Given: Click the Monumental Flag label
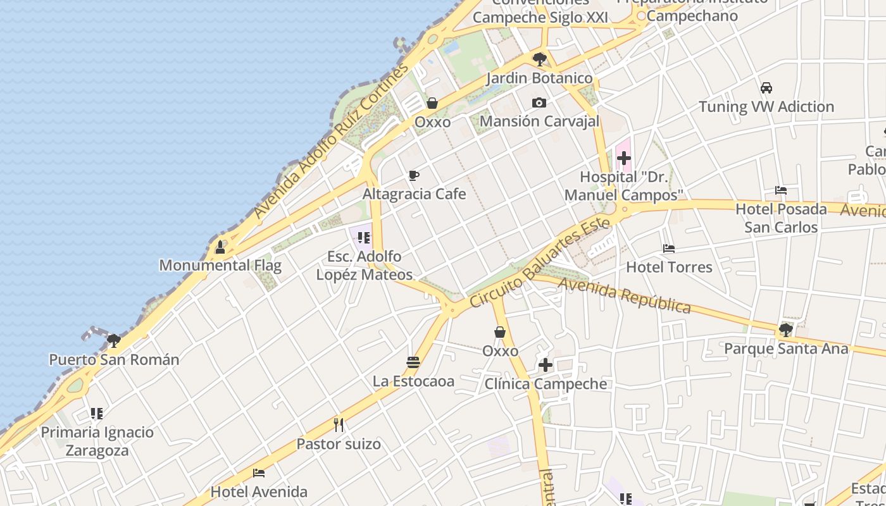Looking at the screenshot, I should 220,265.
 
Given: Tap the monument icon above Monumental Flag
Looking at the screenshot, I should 220,247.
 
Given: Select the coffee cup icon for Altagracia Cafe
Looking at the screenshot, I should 414,176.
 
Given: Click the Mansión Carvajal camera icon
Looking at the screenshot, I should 539,102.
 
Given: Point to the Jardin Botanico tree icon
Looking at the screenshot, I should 540,59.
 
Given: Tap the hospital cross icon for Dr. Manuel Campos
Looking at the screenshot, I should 624,158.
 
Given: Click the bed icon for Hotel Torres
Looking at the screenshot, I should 669,249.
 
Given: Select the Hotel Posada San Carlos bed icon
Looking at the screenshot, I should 781,190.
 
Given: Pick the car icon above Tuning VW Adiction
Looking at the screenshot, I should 766,88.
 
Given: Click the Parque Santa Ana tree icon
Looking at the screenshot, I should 786,330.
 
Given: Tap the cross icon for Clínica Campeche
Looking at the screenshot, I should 546,365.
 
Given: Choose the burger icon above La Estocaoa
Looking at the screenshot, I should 413,362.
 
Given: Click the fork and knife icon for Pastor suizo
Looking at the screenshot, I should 339,425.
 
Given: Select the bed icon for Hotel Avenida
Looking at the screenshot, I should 258,473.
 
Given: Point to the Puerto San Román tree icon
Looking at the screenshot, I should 114,341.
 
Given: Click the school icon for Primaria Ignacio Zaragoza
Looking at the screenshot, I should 97,414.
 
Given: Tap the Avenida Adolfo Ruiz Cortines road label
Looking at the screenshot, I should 332,141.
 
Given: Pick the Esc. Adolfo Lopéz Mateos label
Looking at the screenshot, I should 364,266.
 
